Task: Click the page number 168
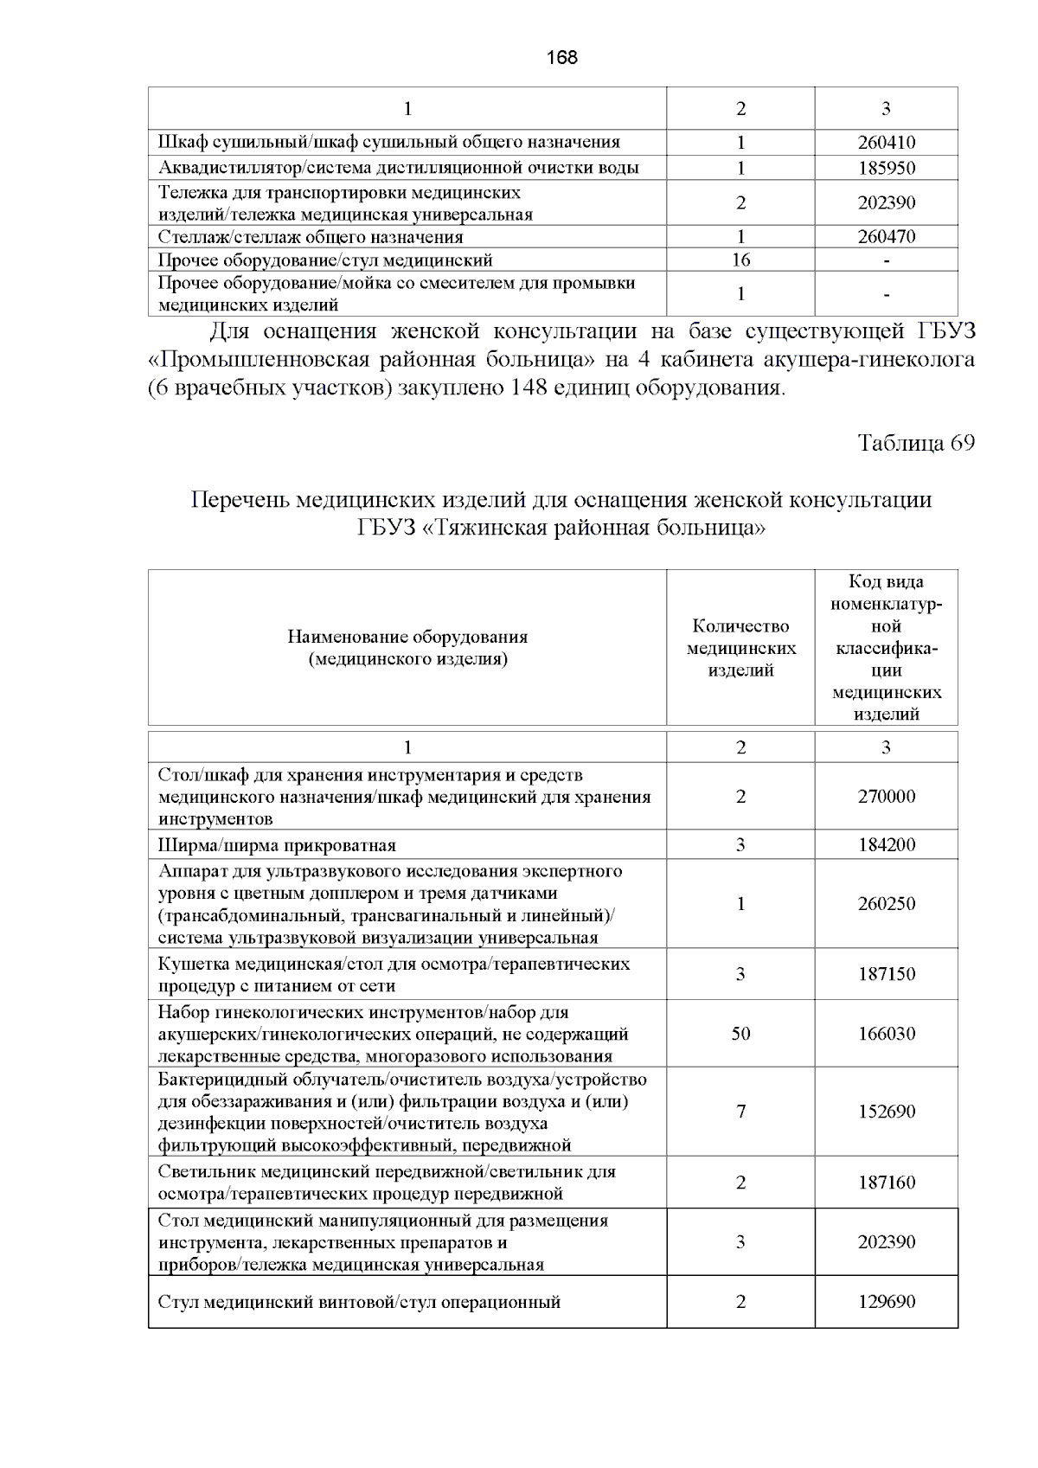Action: pyautogui.click(x=562, y=58)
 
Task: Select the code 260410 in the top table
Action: pyautogui.click(x=886, y=143)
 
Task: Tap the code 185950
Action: pyautogui.click(x=886, y=168)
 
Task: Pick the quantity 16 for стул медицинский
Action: pyautogui.click(x=740, y=260)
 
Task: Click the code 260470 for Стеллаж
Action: pyautogui.click(x=886, y=236)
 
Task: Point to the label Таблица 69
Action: pyautogui.click(x=915, y=443)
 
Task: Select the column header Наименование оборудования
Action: pyautogui.click(x=407, y=638)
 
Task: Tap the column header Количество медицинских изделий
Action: pyautogui.click(x=740, y=648)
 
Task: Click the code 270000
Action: pyautogui.click(x=886, y=797)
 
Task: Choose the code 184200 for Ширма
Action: pyautogui.click(x=886, y=845)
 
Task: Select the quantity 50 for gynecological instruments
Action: pyautogui.click(x=740, y=1034)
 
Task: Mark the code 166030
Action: pyautogui.click(x=886, y=1034)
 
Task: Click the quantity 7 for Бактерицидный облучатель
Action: pyautogui.click(x=740, y=1112)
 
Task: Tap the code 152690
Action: pyautogui.click(x=886, y=1112)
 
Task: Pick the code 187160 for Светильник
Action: pyautogui.click(x=886, y=1183)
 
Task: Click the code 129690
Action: pyautogui.click(x=886, y=1302)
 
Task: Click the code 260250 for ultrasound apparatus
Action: pyautogui.click(x=886, y=904)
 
